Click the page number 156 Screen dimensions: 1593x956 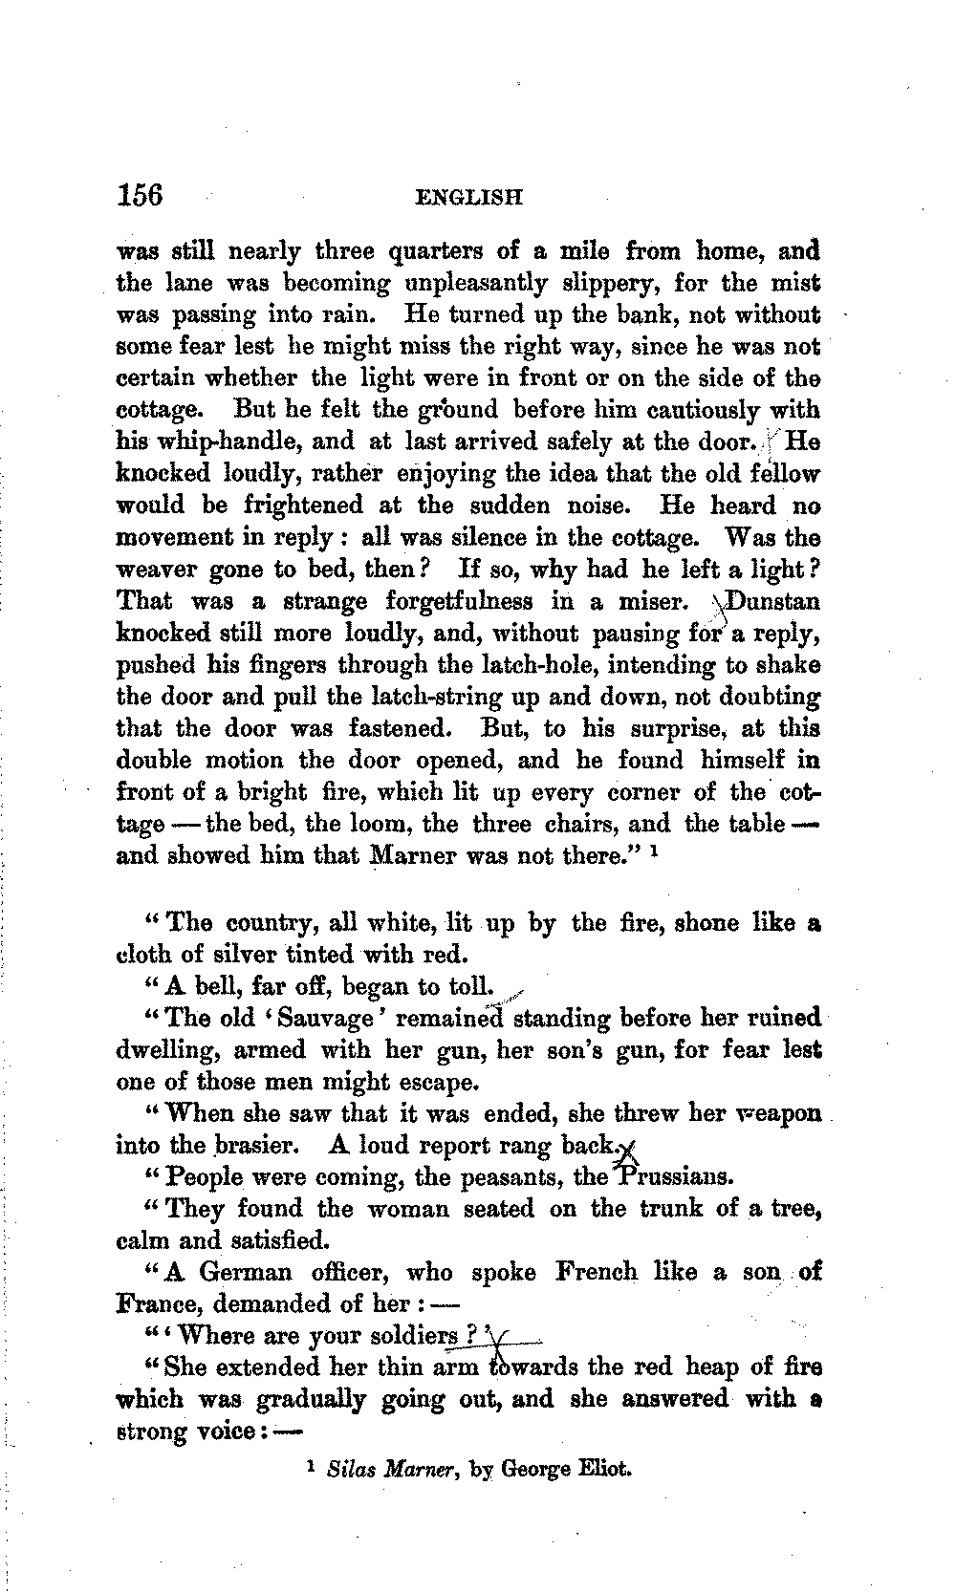click(141, 194)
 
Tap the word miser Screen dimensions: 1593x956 click(654, 602)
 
